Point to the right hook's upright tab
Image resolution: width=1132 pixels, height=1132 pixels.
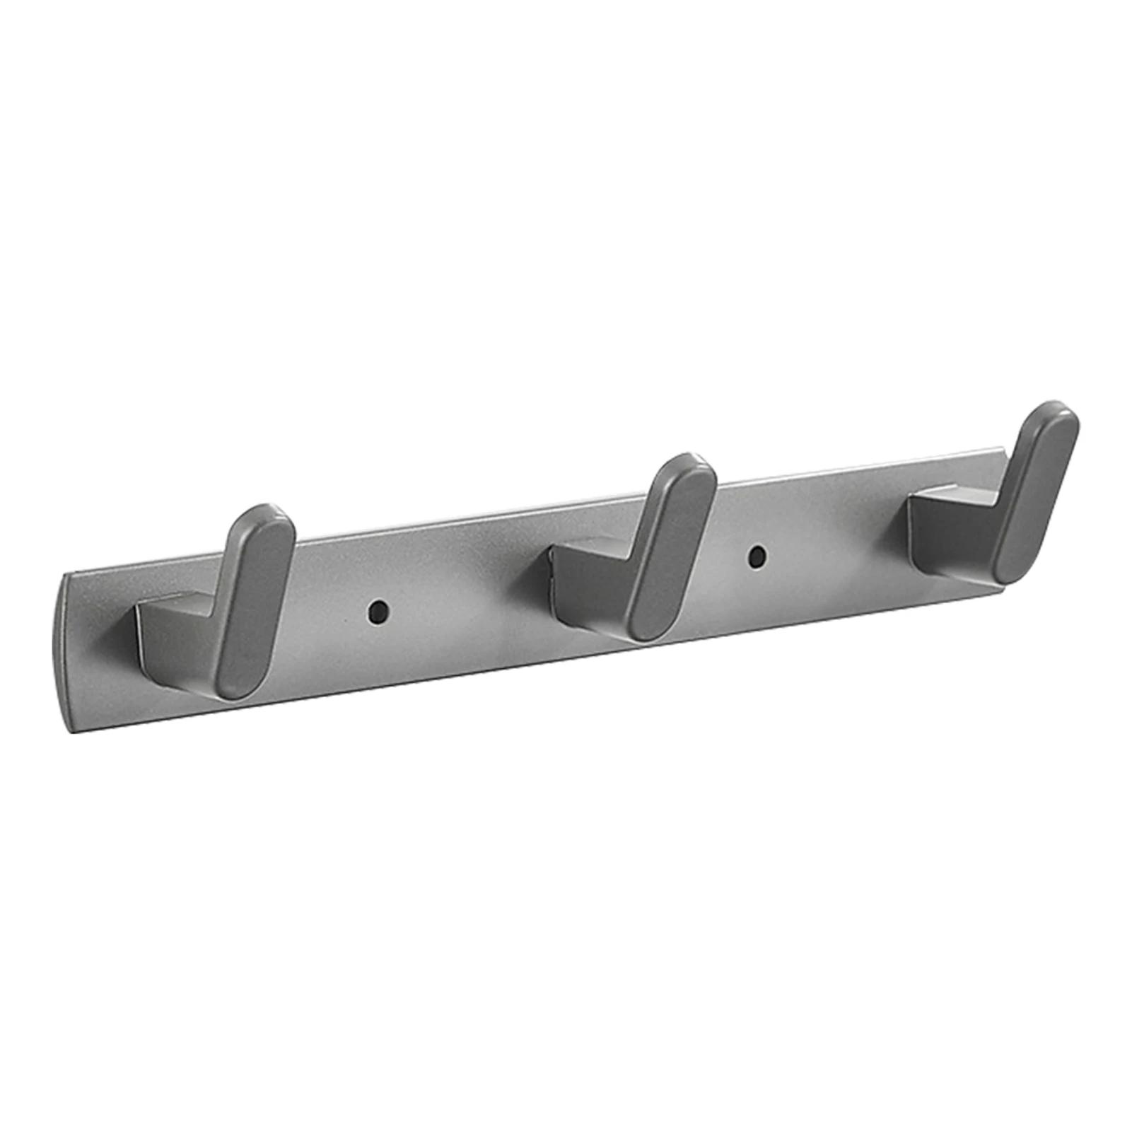[1036, 492]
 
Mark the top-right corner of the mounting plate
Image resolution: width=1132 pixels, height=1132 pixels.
[1000, 450]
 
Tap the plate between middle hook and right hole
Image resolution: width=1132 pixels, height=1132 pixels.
[728, 566]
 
